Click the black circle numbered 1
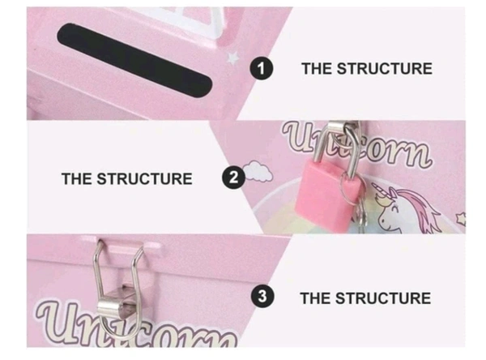[x=262, y=68]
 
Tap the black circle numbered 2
[x=234, y=178]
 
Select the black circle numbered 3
[x=262, y=296]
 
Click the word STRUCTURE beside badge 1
[x=384, y=69]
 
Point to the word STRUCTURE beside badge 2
[x=144, y=179]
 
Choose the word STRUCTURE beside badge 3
[x=383, y=298]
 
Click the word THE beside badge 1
[x=317, y=69]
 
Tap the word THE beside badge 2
[x=77, y=179]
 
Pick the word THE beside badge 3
[x=316, y=298]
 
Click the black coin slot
[x=134, y=59]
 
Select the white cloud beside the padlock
[x=258, y=171]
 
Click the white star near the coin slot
[x=233, y=58]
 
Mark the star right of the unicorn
[x=460, y=219]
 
